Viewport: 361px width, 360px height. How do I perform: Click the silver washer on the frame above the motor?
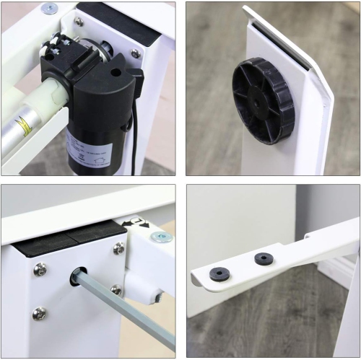click(x=50, y=9)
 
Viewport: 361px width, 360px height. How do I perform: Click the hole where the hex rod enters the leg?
click(x=77, y=276)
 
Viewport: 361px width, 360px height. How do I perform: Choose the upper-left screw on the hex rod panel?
click(x=40, y=269)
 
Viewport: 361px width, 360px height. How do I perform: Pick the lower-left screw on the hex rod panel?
click(x=39, y=313)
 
